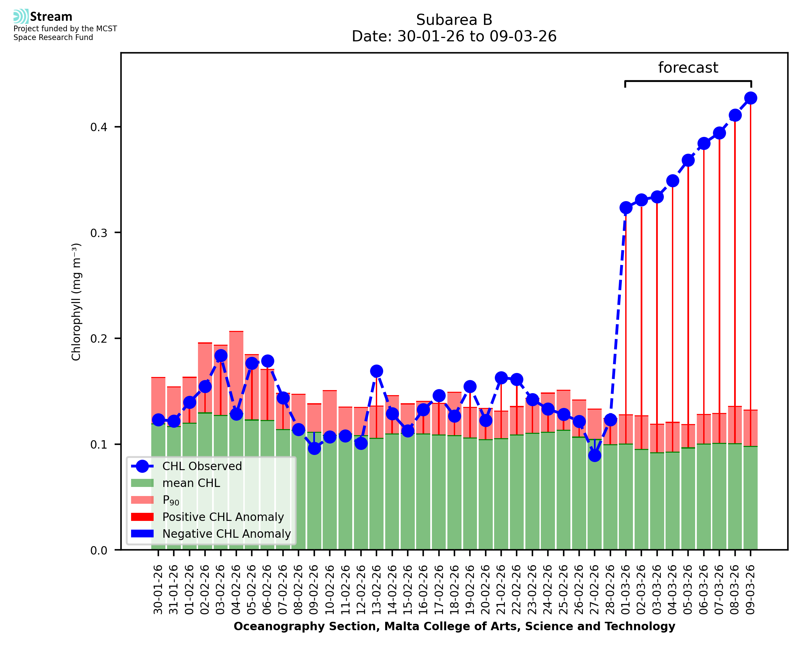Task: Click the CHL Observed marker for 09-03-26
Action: (x=751, y=98)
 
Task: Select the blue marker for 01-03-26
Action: (x=626, y=207)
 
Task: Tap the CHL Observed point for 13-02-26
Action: (x=376, y=371)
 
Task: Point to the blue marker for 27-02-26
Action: (x=595, y=455)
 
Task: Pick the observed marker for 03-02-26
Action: (x=221, y=355)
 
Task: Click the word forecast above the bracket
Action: (x=688, y=68)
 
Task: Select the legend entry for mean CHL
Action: (x=191, y=483)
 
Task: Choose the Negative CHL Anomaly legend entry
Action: (x=227, y=534)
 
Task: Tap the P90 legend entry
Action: (x=171, y=500)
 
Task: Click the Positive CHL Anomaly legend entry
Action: (x=223, y=517)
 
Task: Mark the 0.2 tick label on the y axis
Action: (x=98, y=339)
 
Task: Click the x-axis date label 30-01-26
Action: (x=158, y=590)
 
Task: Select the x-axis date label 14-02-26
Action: (x=392, y=590)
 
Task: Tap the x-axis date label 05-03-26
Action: (x=688, y=590)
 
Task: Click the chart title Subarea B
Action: (x=454, y=20)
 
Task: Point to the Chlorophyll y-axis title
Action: (x=76, y=302)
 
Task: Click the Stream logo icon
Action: (x=21, y=16)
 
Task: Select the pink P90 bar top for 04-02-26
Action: (x=237, y=332)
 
